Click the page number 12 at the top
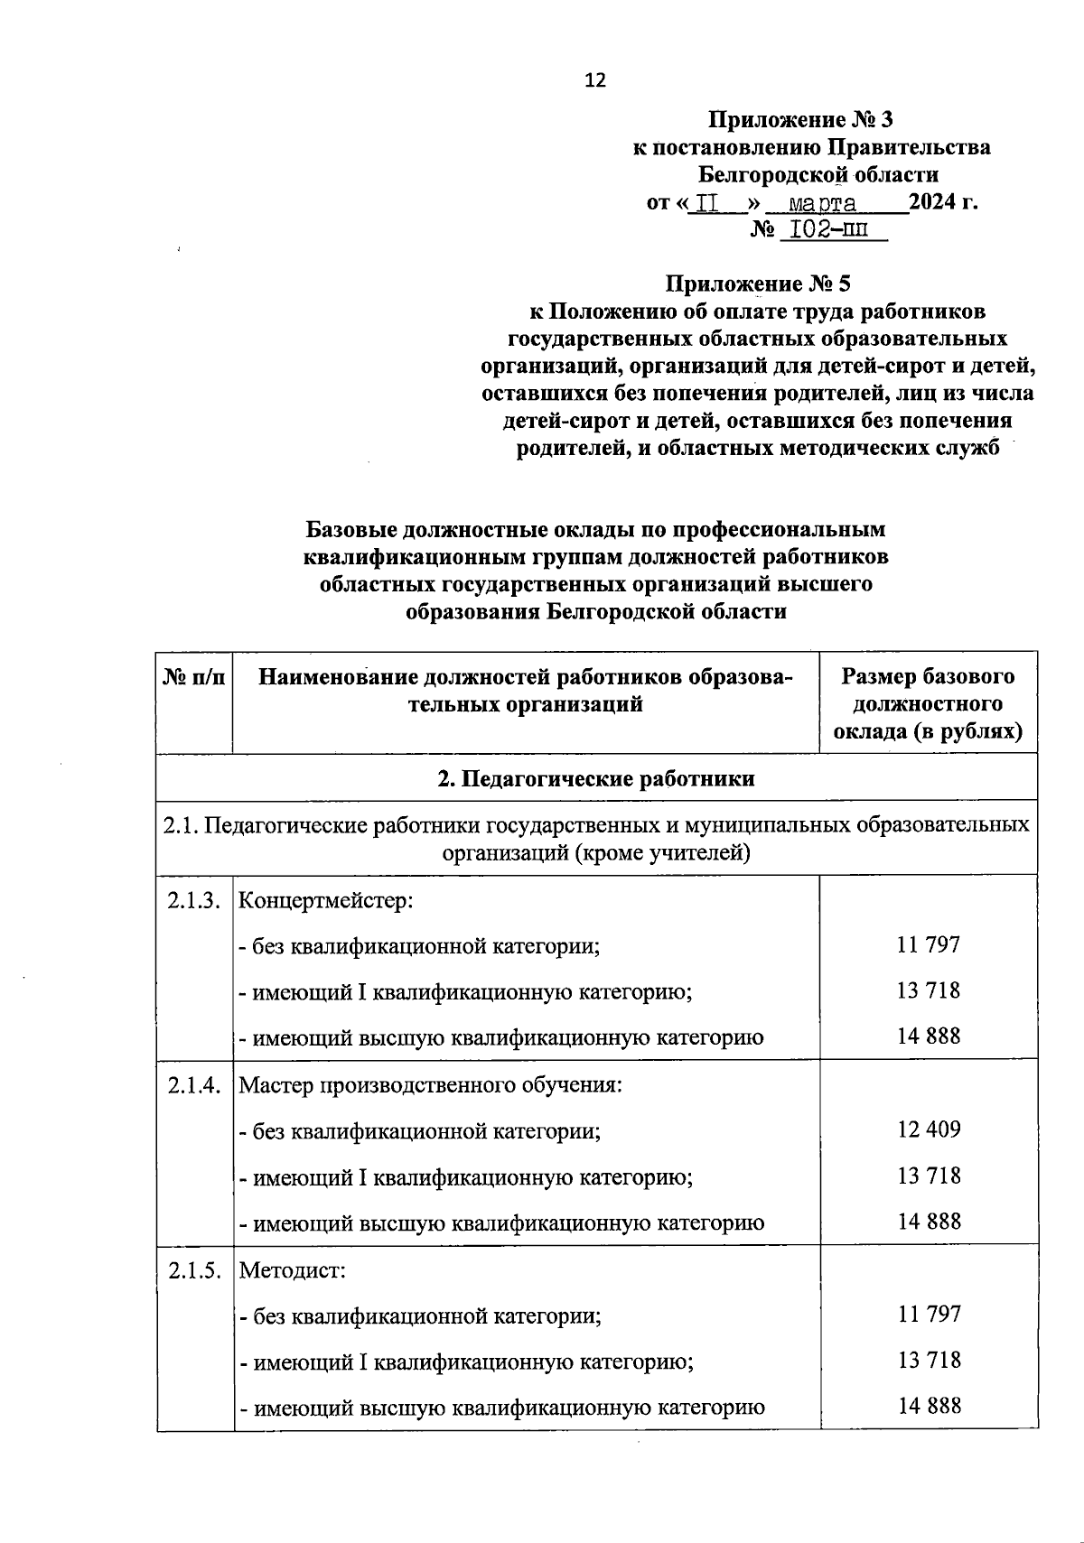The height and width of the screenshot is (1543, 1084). [x=595, y=80]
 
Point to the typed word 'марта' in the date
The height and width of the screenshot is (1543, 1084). [x=822, y=202]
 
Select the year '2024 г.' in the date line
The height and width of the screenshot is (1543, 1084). [x=943, y=201]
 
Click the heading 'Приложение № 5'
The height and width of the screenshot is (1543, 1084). [x=758, y=284]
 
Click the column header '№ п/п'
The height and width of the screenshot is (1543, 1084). [x=194, y=677]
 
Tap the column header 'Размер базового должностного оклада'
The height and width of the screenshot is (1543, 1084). [x=928, y=703]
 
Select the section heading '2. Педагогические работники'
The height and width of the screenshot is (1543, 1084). [x=596, y=778]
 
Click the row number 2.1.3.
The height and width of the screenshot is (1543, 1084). [x=193, y=901]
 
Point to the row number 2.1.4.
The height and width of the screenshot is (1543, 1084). [x=193, y=1085]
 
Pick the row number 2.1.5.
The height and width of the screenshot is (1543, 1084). [x=193, y=1270]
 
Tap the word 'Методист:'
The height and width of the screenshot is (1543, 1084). [x=293, y=1270]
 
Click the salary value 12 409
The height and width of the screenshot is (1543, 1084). [x=929, y=1129]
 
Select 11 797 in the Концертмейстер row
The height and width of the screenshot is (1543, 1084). [x=929, y=945]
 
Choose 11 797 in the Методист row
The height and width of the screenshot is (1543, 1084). [x=929, y=1314]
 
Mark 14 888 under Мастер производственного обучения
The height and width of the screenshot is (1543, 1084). [x=929, y=1222]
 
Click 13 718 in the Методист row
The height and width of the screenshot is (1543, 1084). [x=929, y=1360]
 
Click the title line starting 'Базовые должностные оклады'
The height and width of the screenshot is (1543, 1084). [x=596, y=529]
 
